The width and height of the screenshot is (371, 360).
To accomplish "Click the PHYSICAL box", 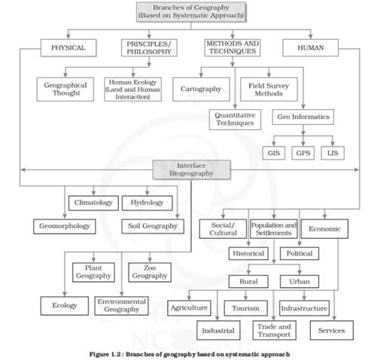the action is (x=68, y=47).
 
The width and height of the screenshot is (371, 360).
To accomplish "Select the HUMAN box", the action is (x=311, y=47).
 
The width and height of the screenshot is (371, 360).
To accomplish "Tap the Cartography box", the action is (x=201, y=89).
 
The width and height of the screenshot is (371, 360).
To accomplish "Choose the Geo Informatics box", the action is (x=303, y=116).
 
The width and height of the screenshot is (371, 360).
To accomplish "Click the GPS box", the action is (x=303, y=153).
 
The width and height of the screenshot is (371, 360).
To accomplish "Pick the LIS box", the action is (x=333, y=153).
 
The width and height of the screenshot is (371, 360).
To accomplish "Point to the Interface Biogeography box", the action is (x=192, y=170).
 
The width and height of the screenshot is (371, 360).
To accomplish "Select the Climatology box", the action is (x=93, y=203).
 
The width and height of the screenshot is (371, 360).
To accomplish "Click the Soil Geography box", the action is (x=153, y=226).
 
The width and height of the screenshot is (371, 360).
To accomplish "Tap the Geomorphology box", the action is (x=65, y=226).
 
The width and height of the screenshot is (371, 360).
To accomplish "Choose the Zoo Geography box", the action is (x=150, y=272).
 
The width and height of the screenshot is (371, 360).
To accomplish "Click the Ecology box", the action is (x=65, y=306).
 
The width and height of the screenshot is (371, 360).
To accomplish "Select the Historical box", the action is (x=248, y=253).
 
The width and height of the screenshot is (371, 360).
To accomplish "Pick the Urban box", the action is (x=300, y=281).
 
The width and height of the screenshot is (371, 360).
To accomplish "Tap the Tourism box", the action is (x=246, y=308).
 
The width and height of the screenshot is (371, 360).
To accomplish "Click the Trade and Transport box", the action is (x=275, y=330).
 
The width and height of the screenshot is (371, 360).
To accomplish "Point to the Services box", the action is (x=332, y=330).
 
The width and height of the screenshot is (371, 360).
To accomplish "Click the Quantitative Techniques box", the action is (x=235, y=119).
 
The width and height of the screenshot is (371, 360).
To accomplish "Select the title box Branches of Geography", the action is (x=191, y=12).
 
